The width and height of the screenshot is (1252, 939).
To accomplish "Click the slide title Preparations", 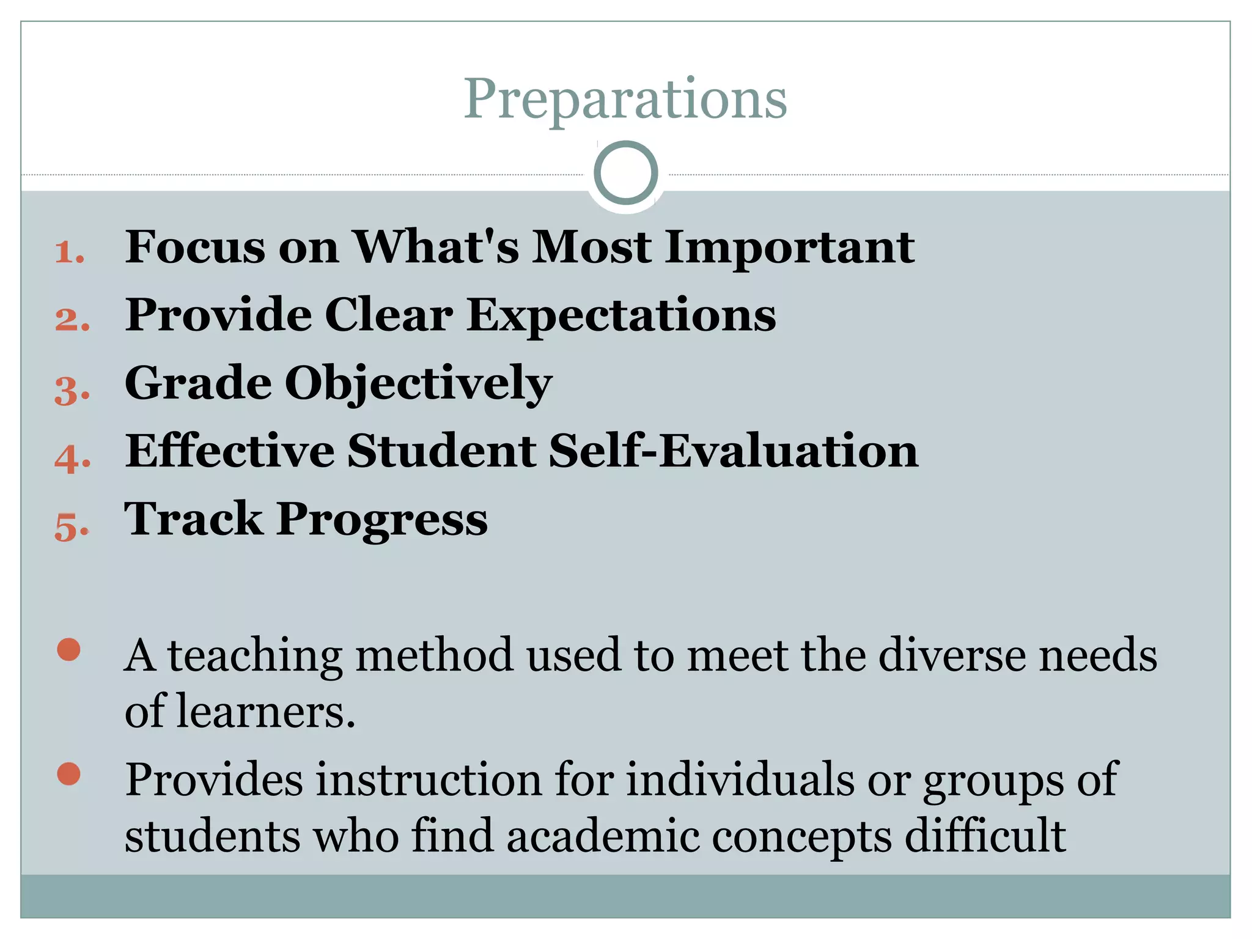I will click(x=625, y=99).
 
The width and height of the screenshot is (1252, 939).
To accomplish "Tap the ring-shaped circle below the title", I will click(x=625, y=173).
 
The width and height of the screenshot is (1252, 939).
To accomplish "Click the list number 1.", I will click(x=69, y=252).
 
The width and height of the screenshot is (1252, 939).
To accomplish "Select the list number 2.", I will click(x=72, y=320).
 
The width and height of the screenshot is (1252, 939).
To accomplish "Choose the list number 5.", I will click(x=72, y=526).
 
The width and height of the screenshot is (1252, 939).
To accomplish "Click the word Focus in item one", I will click(x=195, y=247).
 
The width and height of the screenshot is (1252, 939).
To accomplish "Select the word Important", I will click(x=789, y=248).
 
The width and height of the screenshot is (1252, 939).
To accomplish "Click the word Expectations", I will click(x=621, y=316).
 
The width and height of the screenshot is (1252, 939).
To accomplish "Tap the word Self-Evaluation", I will click(x=733, y=451).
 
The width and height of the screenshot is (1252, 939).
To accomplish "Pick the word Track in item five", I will click(x=193, y=519).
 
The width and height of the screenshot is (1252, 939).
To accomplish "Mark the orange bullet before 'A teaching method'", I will click(x=68, y=650).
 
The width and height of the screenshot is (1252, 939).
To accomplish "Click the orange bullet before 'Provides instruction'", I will click(x=68, y=774).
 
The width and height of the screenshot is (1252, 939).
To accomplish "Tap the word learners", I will click(x=265, y=712).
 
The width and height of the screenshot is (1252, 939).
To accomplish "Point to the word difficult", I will click(x=985, y=836).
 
